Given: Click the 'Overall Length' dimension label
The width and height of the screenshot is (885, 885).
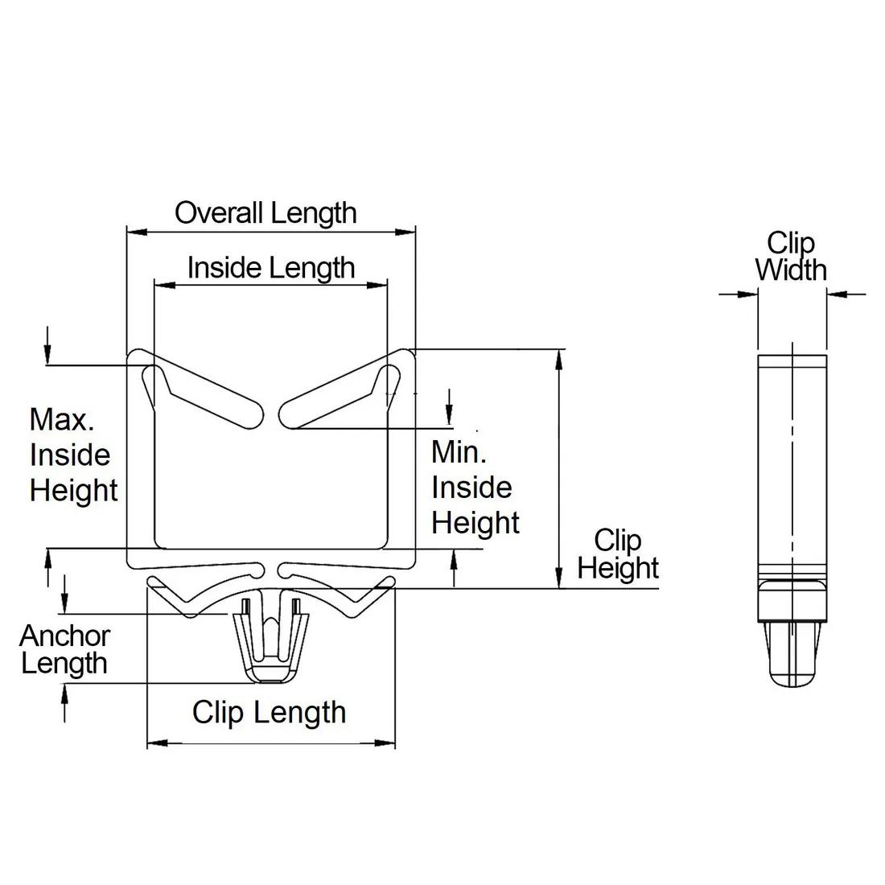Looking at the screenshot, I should pyautogui.click(x=265, y=213).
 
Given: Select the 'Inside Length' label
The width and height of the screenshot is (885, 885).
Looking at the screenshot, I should pyautogui.click(x=271, y=267).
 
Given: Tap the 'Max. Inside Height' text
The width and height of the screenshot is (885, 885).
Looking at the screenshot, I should pyautogui.click(x=73, y=455).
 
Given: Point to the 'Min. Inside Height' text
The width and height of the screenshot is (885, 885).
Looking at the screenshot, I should pyautogui.click(x=475, y=488).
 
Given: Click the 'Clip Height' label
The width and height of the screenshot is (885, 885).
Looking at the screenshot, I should pyautogui.click(x=618, y=554).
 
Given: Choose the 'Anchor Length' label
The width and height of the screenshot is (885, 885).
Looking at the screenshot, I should pyautogui.click(x=64, y=649).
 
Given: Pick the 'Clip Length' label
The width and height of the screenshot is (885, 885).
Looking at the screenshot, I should pyautogui.click(x=269, y=712).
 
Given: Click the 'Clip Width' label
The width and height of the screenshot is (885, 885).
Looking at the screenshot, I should pyautogui.click(x=791, y=256).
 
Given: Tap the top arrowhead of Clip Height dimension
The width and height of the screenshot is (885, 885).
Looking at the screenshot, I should pyautogui.click(x=558, y=359).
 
